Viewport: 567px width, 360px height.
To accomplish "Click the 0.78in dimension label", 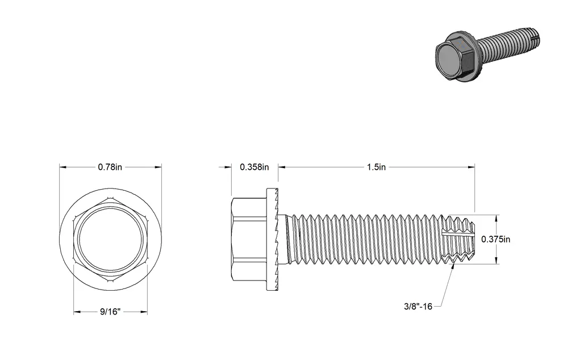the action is [x=110, y=167].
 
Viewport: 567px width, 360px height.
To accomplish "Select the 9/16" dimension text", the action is [x=110, y=312].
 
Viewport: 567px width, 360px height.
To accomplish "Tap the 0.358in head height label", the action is [x=254, y=167].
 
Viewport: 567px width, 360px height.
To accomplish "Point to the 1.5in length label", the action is [x=376, y=167].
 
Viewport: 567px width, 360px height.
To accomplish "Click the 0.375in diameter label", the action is [x=495, y=239].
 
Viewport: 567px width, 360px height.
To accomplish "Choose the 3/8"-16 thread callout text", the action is [x=418, y=307].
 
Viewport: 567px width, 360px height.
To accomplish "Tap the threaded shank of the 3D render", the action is [x=510, y=40].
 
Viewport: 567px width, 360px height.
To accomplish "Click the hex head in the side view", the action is [x=249, y=239].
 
